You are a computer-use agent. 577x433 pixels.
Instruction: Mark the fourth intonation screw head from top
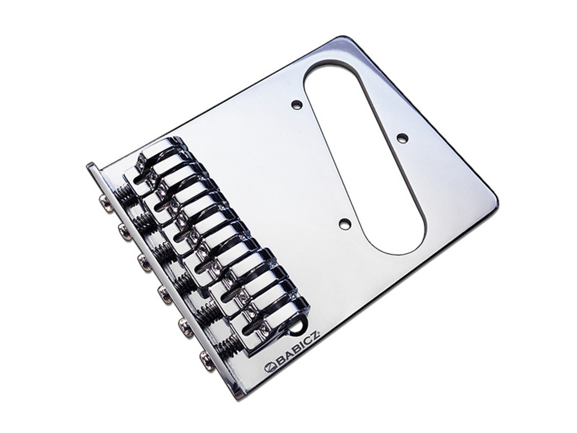(x=164, y=293)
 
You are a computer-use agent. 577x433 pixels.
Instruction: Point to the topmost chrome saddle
(x=154, y=167)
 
